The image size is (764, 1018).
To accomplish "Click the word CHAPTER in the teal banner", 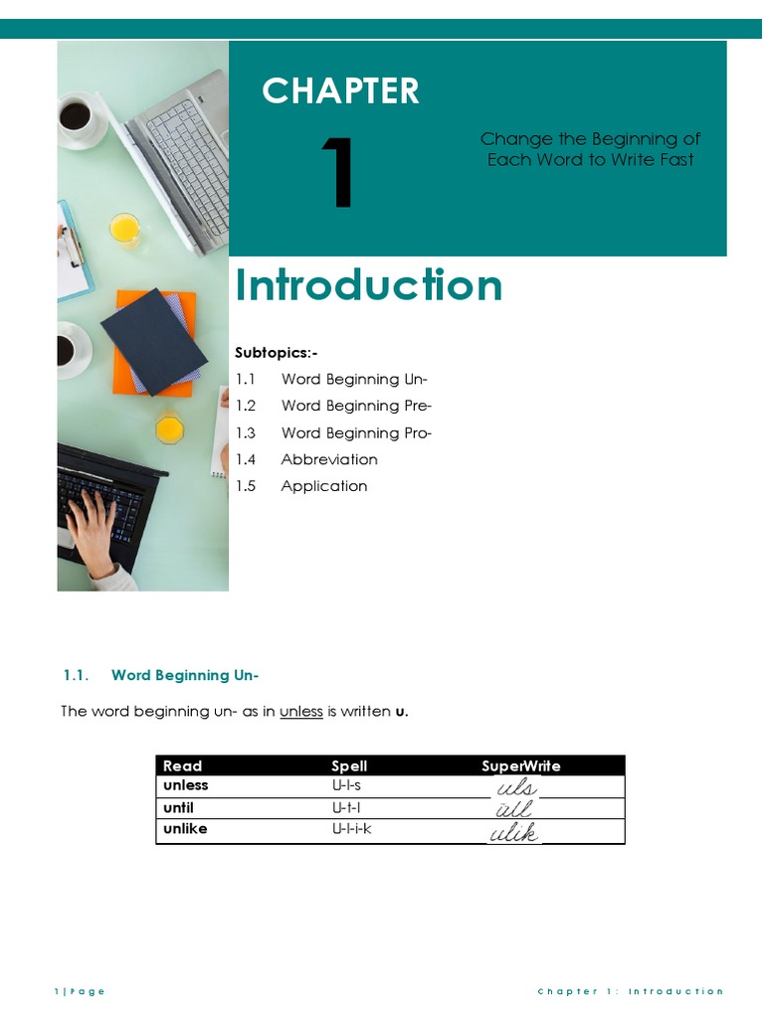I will pos(340,91).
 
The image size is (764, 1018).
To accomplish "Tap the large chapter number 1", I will pos(338,175).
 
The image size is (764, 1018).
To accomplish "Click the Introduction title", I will pos(368,286).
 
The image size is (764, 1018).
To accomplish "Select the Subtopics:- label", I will pos(277,353).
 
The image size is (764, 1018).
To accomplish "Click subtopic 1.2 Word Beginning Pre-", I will pos(333,406).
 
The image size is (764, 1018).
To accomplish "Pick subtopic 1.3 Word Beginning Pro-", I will pos(333,432).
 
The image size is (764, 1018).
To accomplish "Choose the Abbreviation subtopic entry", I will pos(329,459).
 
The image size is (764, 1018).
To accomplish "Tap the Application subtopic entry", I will pos(324,486).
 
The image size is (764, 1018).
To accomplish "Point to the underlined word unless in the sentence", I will pos(300,712).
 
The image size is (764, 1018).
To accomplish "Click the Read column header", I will pos(182,765).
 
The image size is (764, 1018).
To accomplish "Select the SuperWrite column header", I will pos(520,765).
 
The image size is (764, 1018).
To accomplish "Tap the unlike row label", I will pos(185,828).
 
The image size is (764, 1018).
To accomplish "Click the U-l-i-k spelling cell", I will pos(352,828).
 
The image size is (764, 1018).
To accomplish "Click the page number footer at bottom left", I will pos(79,991).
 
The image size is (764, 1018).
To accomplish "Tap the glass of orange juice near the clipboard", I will pos(124,229).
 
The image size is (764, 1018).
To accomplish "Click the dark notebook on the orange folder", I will pos(154,341).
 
